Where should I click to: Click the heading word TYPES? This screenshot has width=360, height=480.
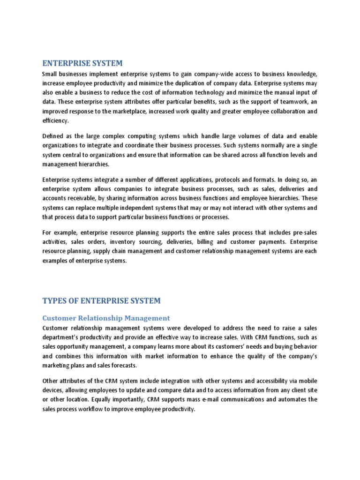[55, 300]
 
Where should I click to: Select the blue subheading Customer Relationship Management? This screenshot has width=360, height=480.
[106, 318]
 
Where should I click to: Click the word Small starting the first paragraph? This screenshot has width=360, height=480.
[50, 75]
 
